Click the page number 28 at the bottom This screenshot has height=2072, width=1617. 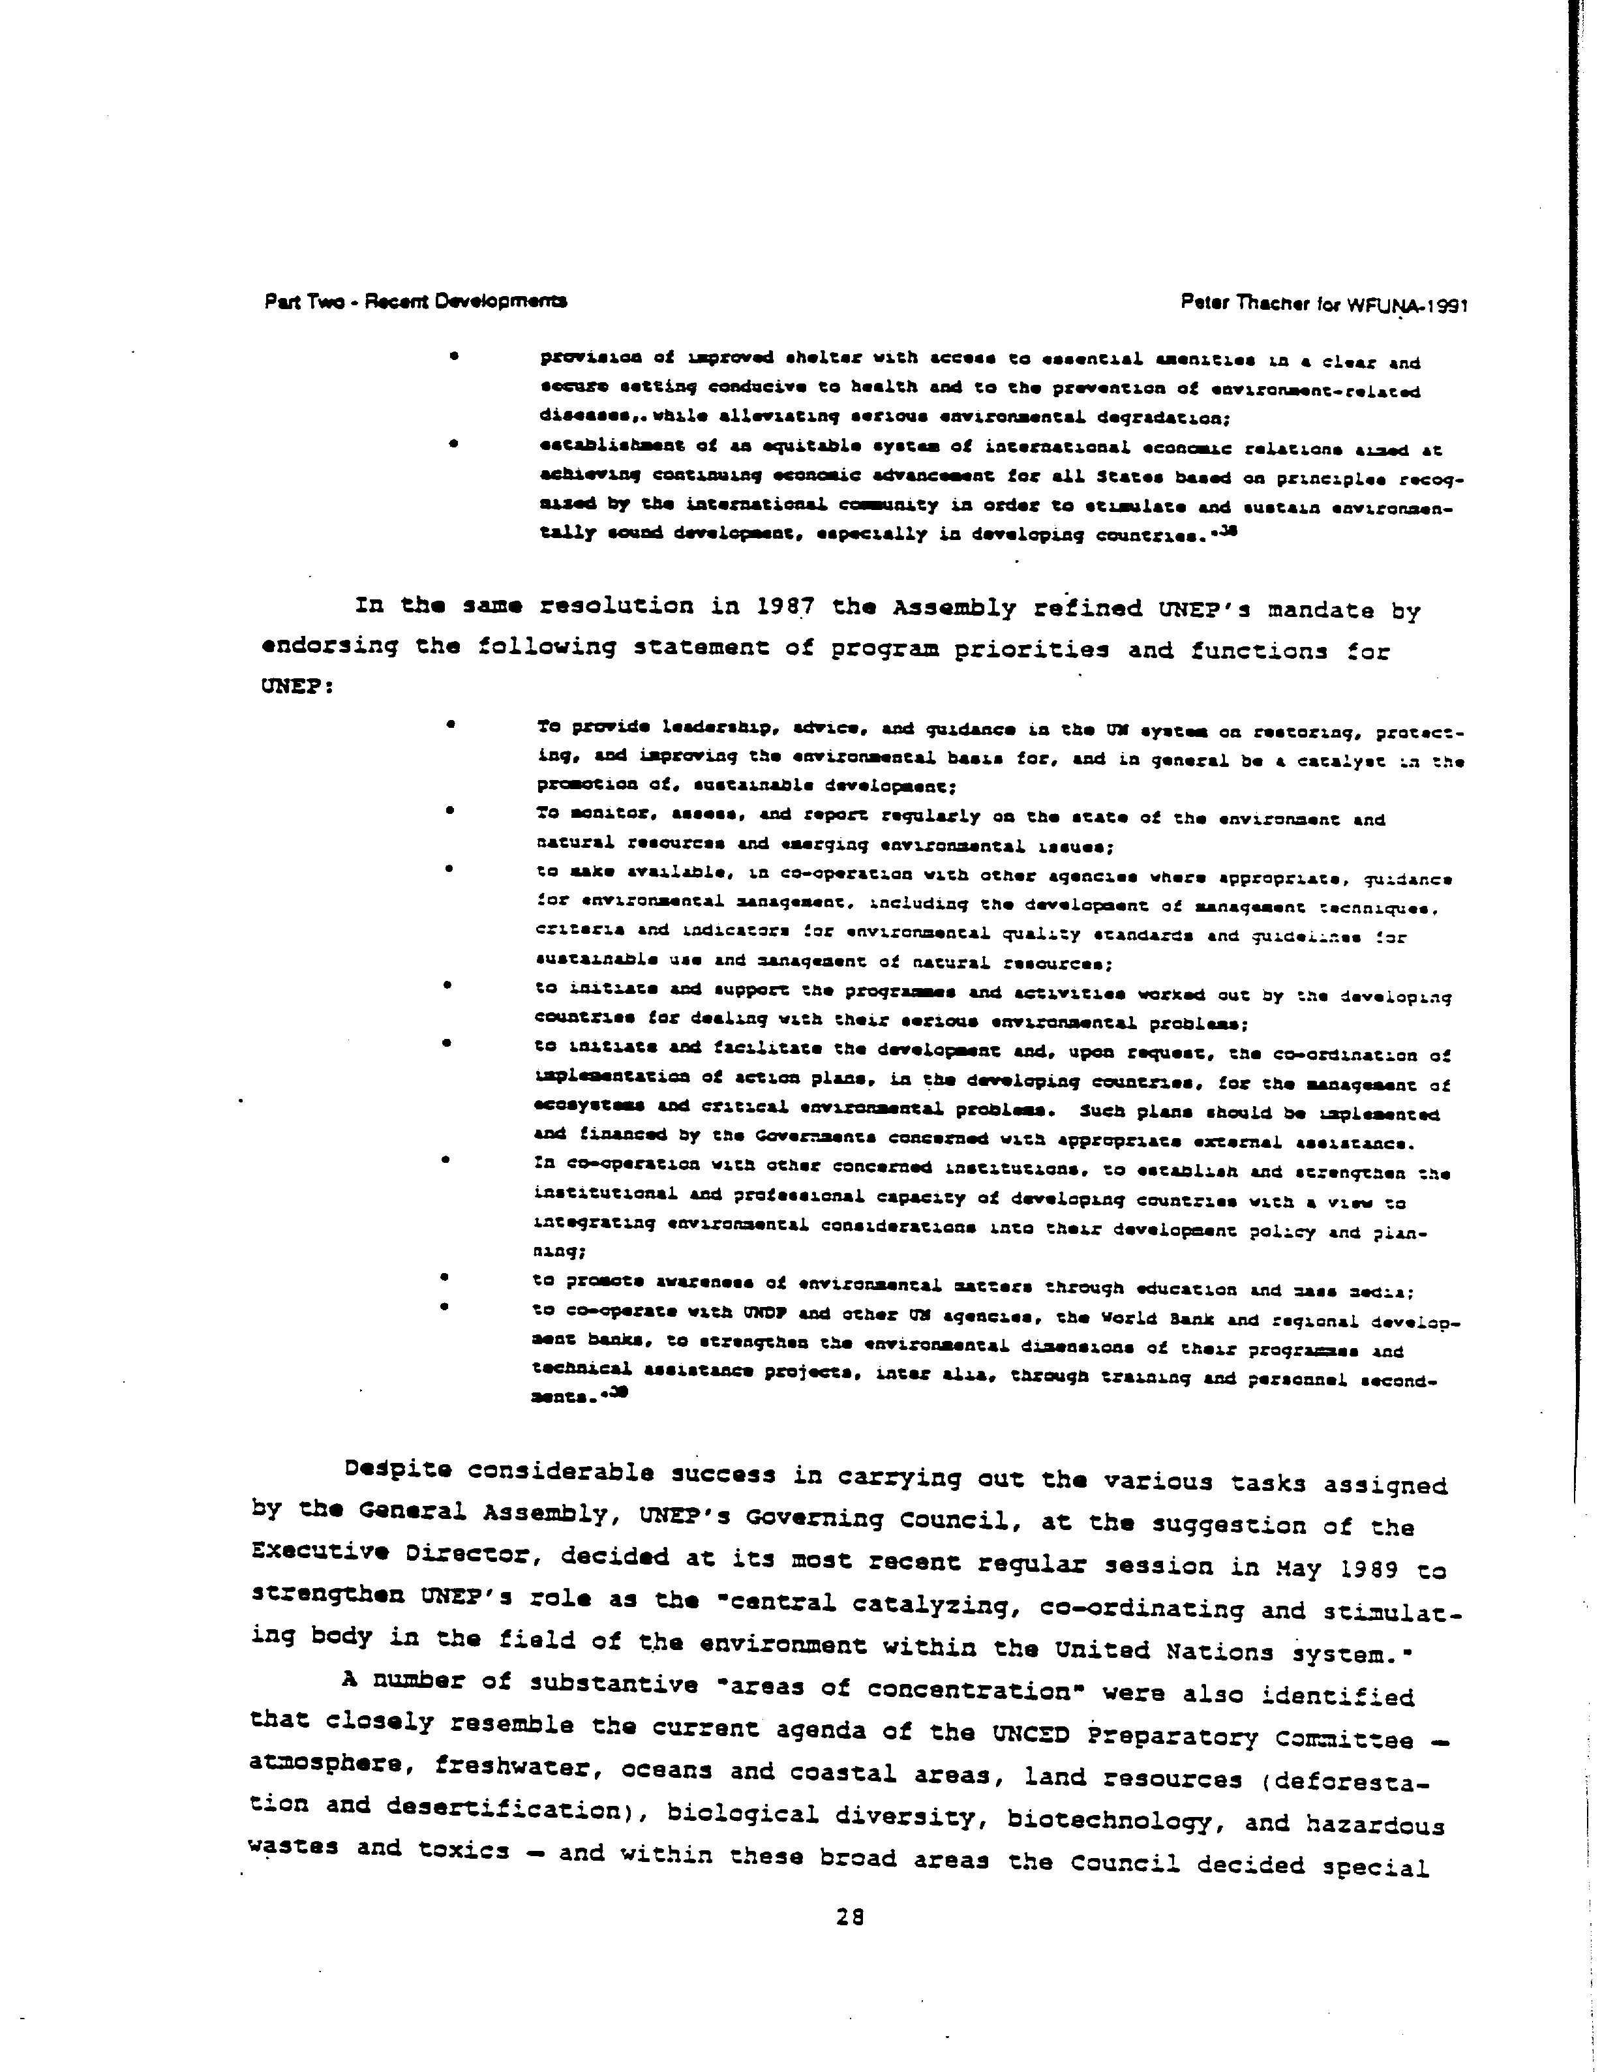[849, 1916]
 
